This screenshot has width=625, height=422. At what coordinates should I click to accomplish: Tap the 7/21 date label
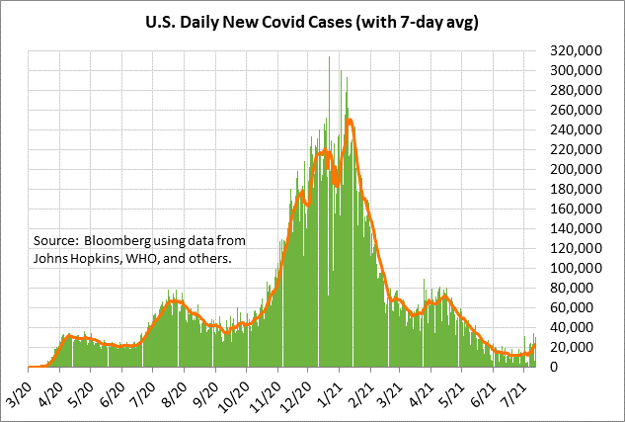[x=511, y=384]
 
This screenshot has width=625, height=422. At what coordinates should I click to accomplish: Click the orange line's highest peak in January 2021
[x=349, y=120]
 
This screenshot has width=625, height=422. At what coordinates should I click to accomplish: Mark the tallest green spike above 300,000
[x=330, y=57]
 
